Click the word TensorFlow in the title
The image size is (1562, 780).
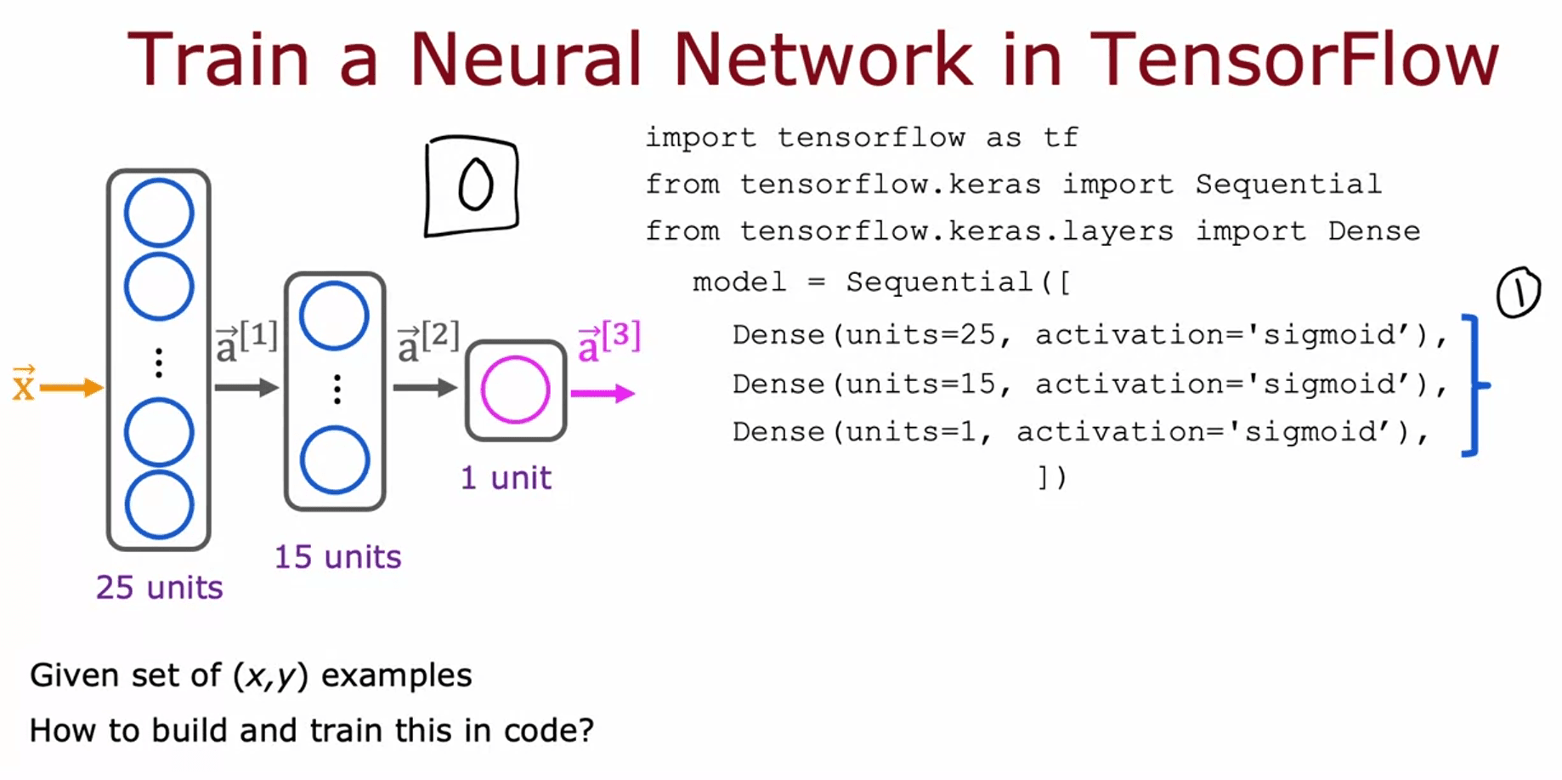[1293, 60]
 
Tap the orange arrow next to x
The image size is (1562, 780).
[71, 389]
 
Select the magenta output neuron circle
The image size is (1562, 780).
[515, 390]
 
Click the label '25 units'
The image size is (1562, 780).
[159, 588]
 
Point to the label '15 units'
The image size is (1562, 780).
[337, 557]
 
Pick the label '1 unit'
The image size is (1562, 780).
[506, 478]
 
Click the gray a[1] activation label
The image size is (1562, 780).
[246, 341]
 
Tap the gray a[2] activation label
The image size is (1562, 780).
[428, 341]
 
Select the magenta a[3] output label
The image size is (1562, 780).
[608, 341]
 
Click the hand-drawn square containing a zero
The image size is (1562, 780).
[473, 185]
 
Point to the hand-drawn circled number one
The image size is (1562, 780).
[1518, 293]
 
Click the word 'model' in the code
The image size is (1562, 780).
[739, 282]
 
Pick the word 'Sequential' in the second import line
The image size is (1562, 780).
[1288, 185]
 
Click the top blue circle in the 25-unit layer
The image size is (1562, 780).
[159, 213]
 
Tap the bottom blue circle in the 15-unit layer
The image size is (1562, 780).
[335, 460]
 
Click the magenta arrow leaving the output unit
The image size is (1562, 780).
[603, 393]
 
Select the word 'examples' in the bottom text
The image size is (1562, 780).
[396, 676]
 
